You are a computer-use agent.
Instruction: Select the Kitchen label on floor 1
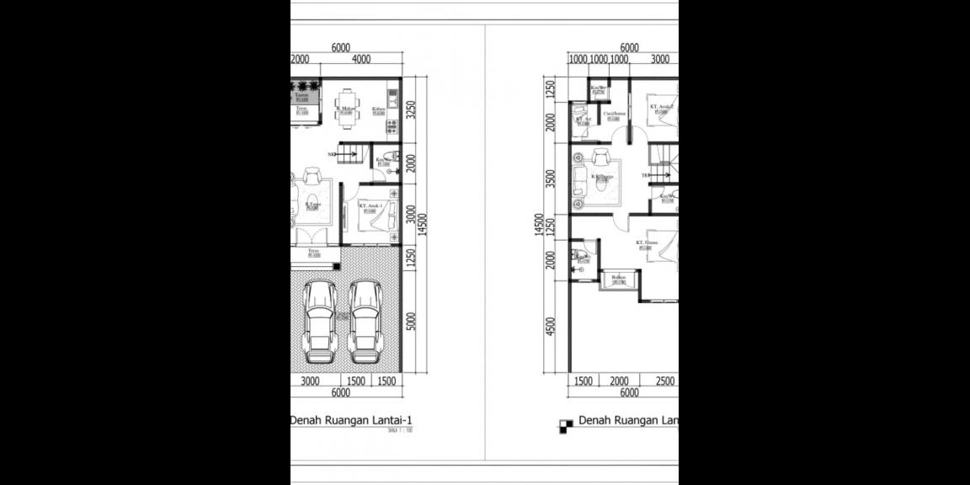(378, 109)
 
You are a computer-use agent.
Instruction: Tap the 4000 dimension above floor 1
(361, 60)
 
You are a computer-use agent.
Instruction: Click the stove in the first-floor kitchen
(392, 125)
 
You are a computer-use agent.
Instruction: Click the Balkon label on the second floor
(619, 277)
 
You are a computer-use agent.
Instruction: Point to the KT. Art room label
(584, 120)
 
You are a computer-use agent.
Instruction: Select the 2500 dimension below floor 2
(665, 381)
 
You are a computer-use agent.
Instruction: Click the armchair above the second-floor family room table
(603, 157)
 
